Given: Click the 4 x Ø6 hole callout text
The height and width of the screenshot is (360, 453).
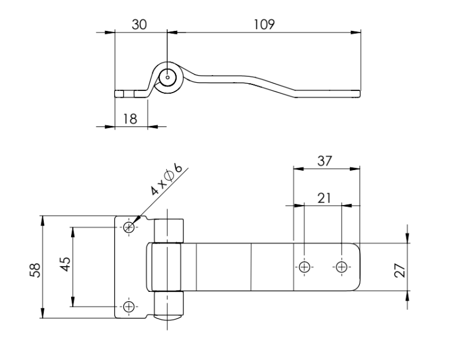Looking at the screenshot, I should [167, 181].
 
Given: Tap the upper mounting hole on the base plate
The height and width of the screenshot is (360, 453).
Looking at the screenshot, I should [129, 227].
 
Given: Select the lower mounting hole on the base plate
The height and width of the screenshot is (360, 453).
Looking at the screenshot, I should [129, 306].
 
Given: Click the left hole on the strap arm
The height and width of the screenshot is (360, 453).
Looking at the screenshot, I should [304, 267].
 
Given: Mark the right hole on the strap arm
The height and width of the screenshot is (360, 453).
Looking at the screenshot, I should [342, 267].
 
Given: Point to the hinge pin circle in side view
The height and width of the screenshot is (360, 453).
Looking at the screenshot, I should [168, 76].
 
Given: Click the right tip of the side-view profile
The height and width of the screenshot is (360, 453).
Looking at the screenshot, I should [359, 93].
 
